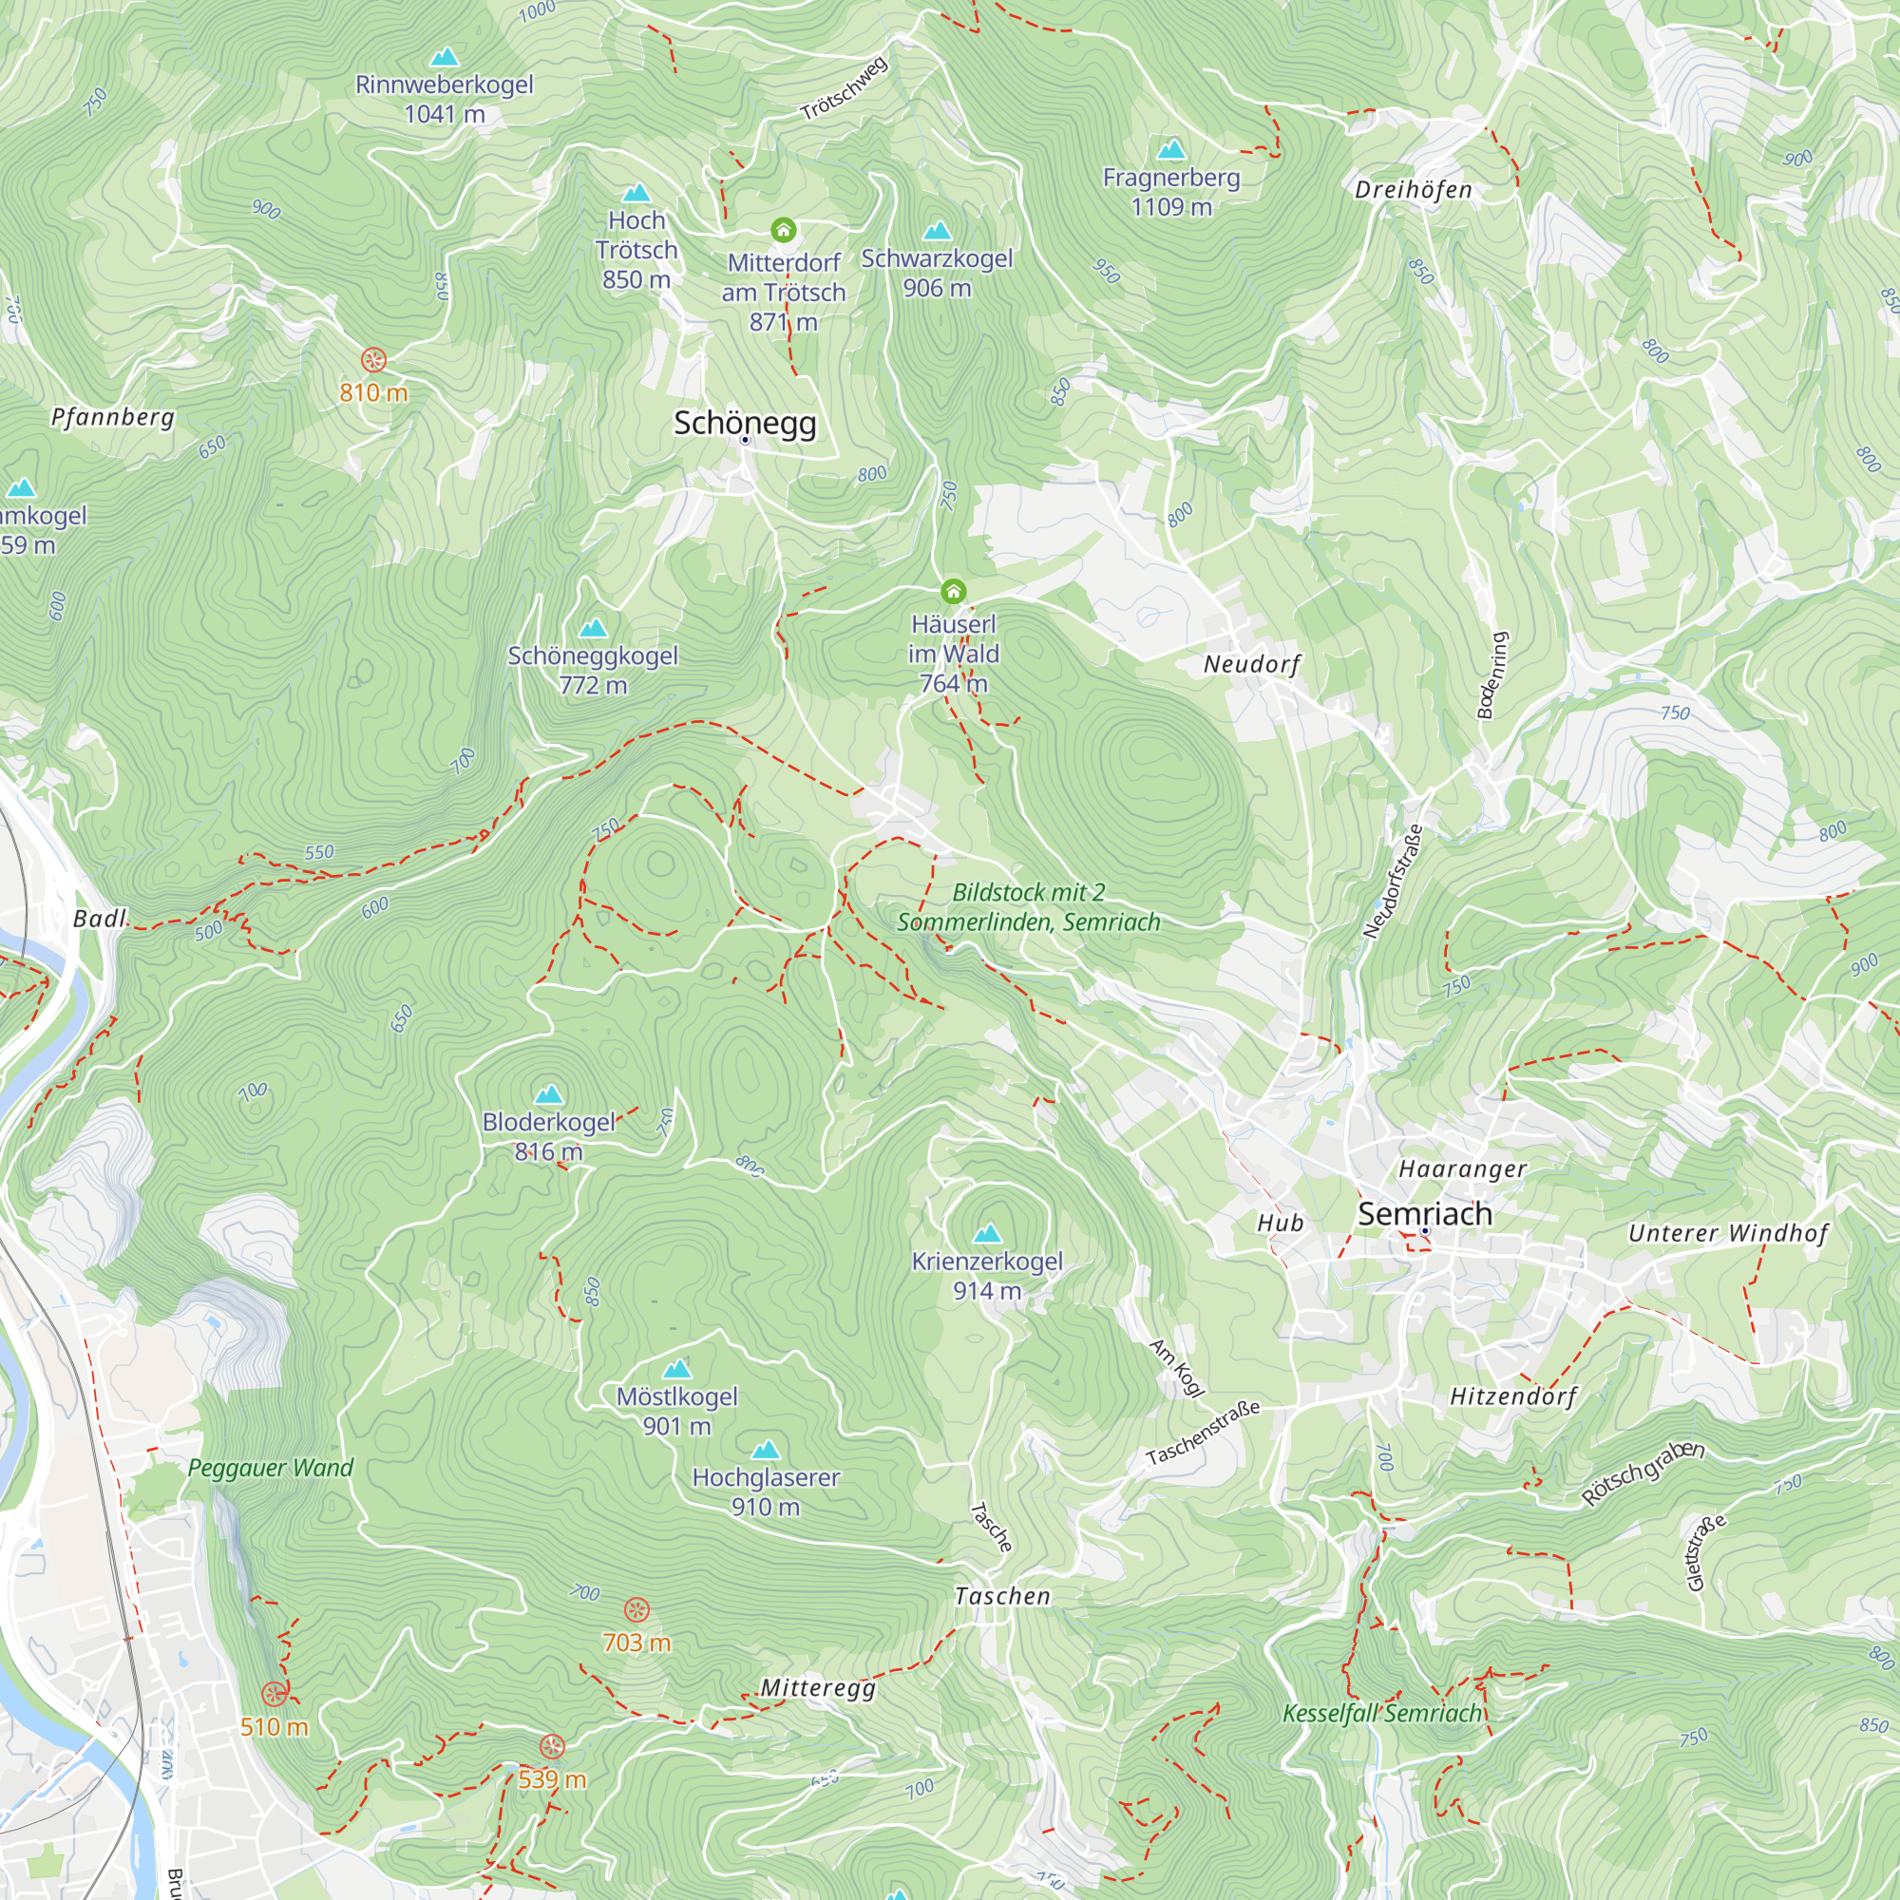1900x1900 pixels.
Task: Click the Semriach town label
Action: pos(1424,1213)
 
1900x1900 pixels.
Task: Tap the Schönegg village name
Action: pos(745,423)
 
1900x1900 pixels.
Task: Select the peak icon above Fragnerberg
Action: pos(1170,149)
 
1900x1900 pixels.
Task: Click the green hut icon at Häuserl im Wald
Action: pos(953,591)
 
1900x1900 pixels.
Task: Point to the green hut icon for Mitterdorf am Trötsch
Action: pos(783,230)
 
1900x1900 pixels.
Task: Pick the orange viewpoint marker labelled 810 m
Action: pos(372,359)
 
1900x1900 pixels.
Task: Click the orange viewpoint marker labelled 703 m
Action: pos(636,1610)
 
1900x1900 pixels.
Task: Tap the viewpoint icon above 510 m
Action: pos(274,1694)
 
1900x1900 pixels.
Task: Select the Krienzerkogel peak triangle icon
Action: pos(986,1233)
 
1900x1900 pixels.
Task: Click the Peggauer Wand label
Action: pos(270,1468)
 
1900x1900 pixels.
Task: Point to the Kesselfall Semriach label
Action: pos(1380,1713)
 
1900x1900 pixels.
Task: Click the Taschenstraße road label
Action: pos(1202,1432)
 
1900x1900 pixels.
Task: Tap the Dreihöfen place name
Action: pos(1413,190)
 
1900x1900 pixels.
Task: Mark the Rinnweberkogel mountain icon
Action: pos(445,56)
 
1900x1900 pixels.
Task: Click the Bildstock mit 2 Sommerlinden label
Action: pos(1028,906)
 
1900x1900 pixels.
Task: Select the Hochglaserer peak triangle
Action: pos(765,1450)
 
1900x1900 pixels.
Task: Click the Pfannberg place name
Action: pos(112,417)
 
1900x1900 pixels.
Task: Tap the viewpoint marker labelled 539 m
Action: pos(552,1747)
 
